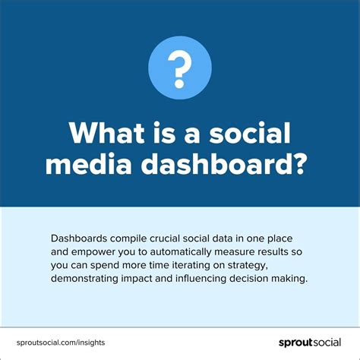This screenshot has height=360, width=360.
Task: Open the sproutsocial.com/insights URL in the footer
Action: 61,343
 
